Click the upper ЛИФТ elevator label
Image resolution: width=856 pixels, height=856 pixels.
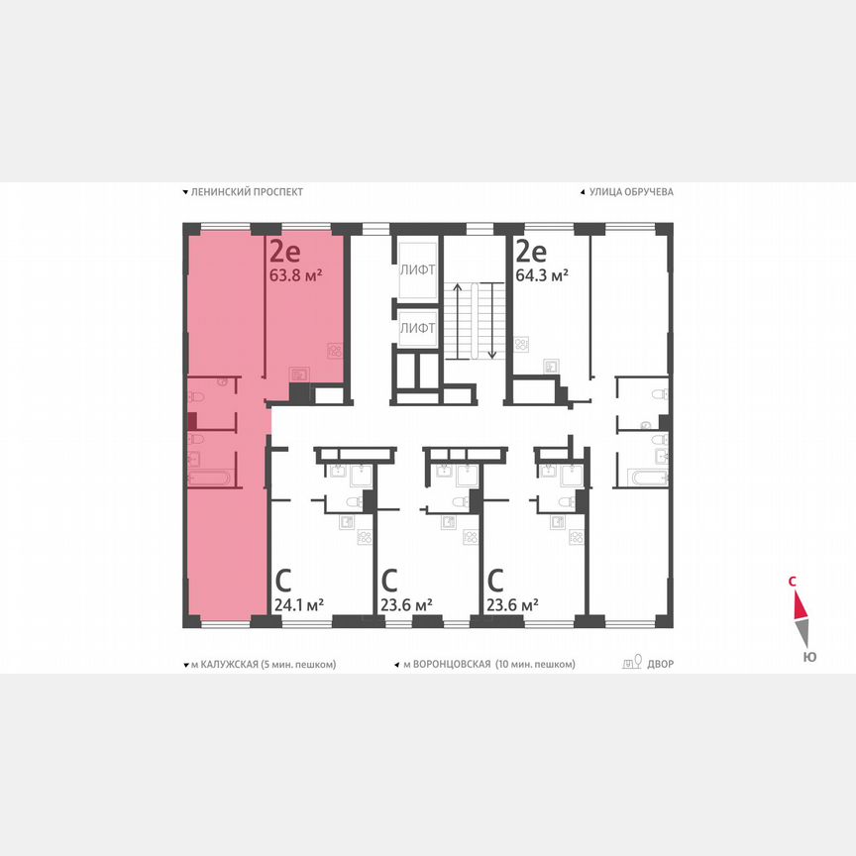pyautogui.click(x=417, y=269)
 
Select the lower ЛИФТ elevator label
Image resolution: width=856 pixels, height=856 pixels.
pyautogui.click(x=417, y=326)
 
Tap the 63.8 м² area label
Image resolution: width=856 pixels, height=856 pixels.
pyautogui.click(x=296, y=275)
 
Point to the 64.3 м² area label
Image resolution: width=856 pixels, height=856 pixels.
pyautogui.click(x=542, y=275)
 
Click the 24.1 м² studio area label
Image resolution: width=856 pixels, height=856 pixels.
pyautogui.click(x=298, y=604)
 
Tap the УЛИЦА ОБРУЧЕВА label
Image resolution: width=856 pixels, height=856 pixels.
pyautogui.click(x=631, y=192)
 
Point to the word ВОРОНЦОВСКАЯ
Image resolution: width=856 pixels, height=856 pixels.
pyautogui.click(x=447, y=664)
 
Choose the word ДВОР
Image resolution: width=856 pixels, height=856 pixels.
pyautogui.click(x=660, y=664)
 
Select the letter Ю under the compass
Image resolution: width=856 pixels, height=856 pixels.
pyautogui.click(x=809, y=656)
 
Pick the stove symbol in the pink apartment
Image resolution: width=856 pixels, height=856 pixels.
pyautogui.click(x=336, y=350)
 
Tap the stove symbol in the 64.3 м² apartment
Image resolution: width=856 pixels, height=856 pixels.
pyautogui.click(x=522, y=345)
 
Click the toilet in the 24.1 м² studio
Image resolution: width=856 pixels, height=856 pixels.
pyautogui.click(x=350, y=502)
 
